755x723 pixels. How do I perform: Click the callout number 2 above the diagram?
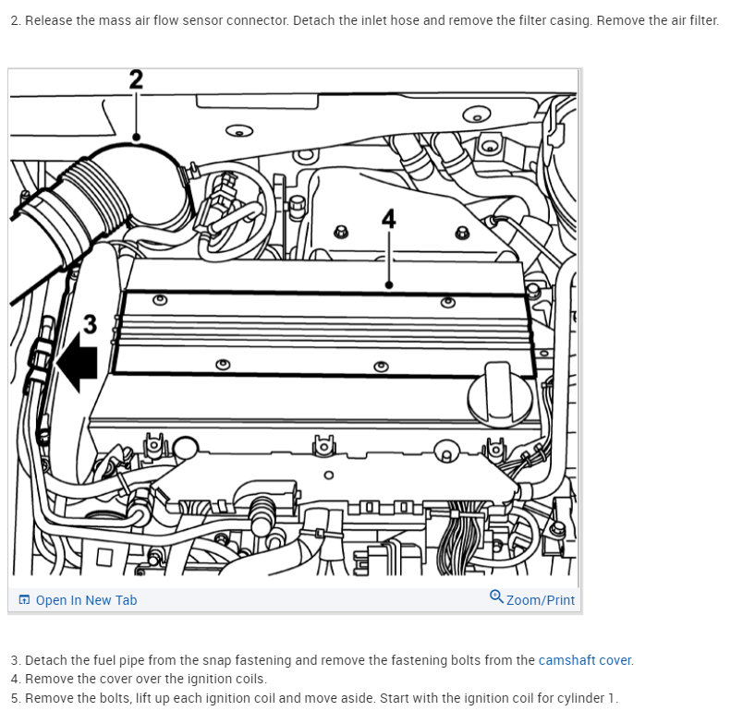click(136, 79)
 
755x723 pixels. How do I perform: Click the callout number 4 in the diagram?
click(389, 219)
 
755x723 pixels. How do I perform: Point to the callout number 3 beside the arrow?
click(90, 324)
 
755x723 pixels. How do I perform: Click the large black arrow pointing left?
click(77, 362)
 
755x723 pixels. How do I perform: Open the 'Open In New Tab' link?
click(86, 600)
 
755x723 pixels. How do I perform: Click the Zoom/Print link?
click(541, 600)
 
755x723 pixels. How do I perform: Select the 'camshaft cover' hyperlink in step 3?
click(585, 660)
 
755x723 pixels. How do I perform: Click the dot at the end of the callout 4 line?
click(389, 285)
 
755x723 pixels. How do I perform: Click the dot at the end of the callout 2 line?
click(136, 138)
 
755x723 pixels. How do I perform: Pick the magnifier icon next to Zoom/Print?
click(496, 597)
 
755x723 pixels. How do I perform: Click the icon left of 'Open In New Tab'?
click(24, 600)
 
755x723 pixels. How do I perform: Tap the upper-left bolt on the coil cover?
click(160, 300)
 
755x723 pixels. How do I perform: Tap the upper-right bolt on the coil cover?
click(448, 302)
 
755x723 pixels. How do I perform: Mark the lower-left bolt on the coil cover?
click(223, 364)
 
